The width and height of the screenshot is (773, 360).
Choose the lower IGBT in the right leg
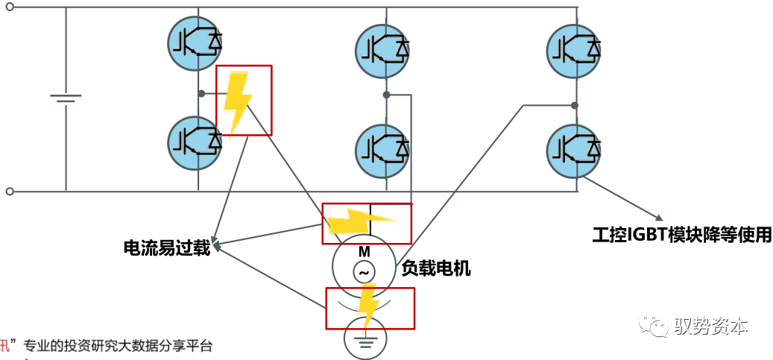pos(574,150)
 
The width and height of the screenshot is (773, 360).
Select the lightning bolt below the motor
pos(367,305)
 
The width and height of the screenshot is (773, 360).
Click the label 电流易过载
pos(167,247)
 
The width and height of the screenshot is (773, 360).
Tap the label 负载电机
pos(436,268)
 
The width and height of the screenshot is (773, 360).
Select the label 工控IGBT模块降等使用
pos(681,235)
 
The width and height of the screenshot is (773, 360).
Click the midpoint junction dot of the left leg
pos(201,94)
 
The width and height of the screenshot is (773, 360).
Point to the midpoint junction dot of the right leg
pos(575,105)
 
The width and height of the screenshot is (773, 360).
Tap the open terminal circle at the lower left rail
pos(10,192)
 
